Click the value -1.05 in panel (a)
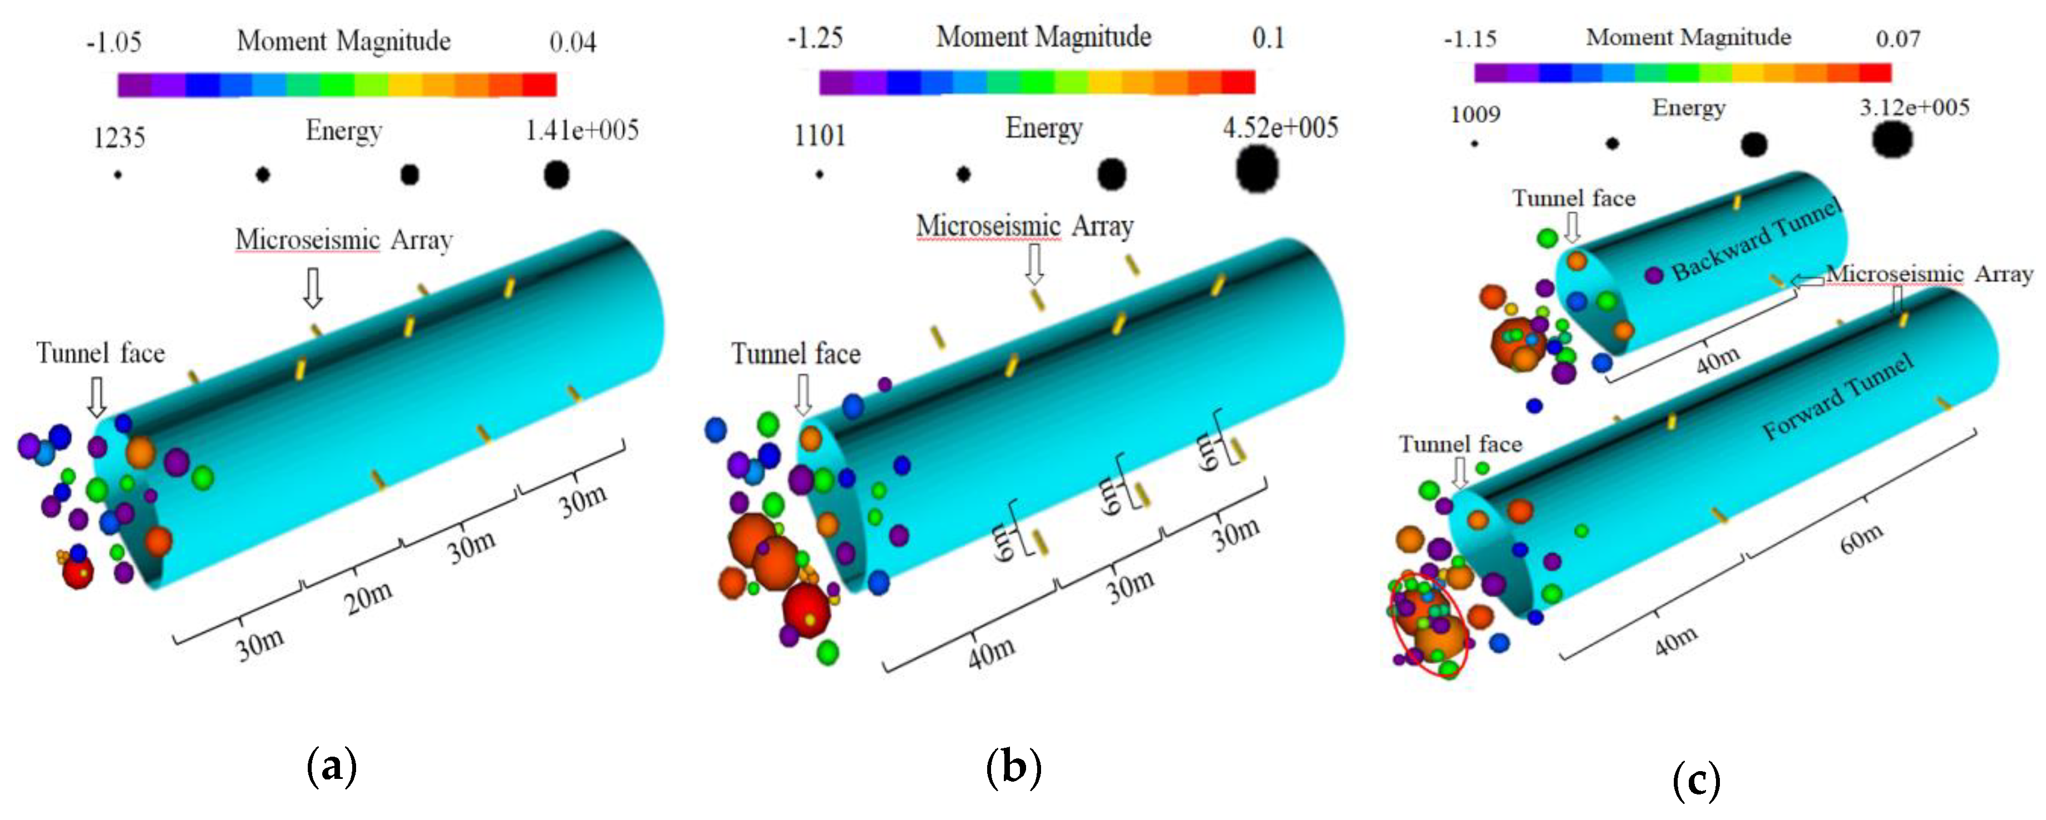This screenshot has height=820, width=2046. [113, 42]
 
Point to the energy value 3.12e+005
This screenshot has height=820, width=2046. [1914, 107]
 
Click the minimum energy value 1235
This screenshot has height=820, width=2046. [119, 138]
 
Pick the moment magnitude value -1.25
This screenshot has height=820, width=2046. [815, 38]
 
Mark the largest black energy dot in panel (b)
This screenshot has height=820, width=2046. [1257, 170]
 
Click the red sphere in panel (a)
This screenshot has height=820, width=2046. [78, 571]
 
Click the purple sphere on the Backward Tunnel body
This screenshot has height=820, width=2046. [1654, 276]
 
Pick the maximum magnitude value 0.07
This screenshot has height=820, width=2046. [1898, 39]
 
